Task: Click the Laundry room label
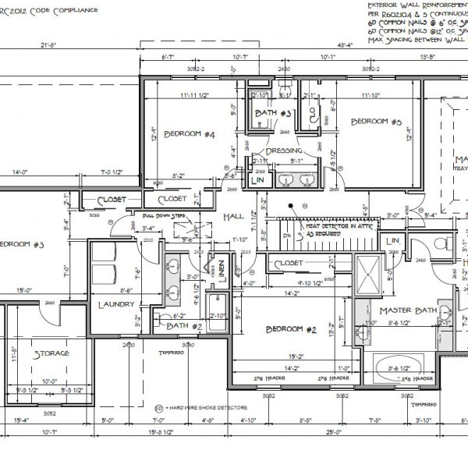(116, 305)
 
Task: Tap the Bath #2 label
(184, 326)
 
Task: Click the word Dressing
(284, 151)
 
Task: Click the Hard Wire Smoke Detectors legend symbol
(158, 407)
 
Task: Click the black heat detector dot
(292, 207)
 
